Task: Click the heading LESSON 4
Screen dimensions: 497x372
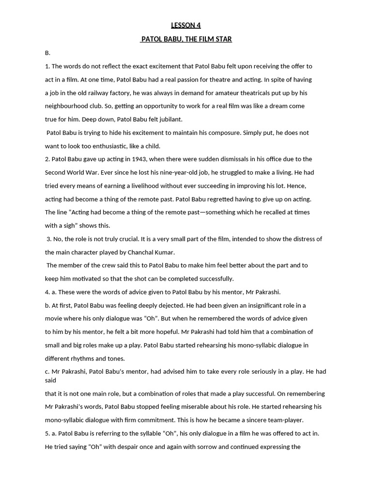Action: click(186, 25)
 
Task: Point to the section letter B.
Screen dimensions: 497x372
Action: click(47, 53)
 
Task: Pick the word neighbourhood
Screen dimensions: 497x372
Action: click(68, 106)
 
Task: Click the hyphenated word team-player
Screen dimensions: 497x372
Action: click(283, 420)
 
